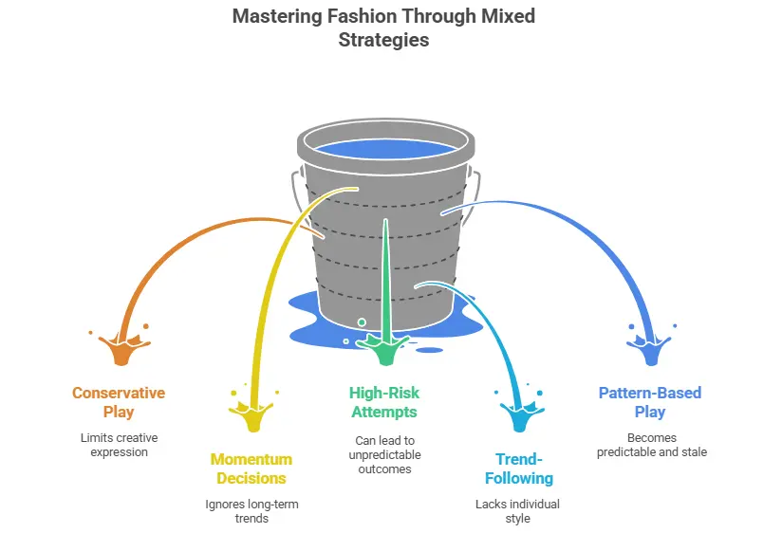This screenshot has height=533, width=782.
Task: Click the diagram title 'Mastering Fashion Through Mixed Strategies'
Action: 384,28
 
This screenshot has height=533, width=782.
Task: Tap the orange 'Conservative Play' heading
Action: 119,402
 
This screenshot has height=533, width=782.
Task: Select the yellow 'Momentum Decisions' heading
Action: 252,469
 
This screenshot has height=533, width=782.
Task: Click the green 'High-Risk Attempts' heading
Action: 384,402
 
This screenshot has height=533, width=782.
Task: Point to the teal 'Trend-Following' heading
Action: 516,469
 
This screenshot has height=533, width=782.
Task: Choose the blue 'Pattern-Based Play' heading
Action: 650,402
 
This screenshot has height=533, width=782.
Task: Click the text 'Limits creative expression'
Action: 119,444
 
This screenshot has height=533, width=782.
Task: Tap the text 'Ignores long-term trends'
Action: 252,510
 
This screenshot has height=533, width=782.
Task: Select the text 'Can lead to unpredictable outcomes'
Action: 384,454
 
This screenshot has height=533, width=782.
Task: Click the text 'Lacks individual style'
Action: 516,510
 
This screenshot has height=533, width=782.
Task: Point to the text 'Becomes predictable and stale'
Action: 650,445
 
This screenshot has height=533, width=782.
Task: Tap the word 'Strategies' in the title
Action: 384,40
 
